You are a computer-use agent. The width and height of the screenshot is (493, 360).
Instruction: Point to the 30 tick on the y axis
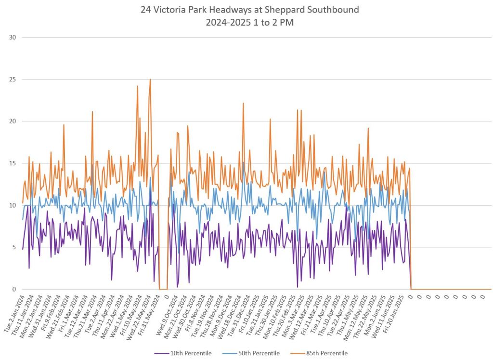[13, 38]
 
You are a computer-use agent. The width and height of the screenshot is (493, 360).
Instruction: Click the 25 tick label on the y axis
[13, 80]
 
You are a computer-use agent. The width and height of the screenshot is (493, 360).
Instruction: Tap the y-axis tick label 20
[13, 121]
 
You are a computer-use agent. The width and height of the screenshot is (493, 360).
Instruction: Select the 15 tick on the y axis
[13, 163]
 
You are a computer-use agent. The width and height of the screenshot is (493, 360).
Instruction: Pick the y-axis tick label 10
[13, 205]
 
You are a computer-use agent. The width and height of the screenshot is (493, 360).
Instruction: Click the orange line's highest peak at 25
[150, 80]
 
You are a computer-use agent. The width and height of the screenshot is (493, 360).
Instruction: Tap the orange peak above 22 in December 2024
[243, 103]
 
